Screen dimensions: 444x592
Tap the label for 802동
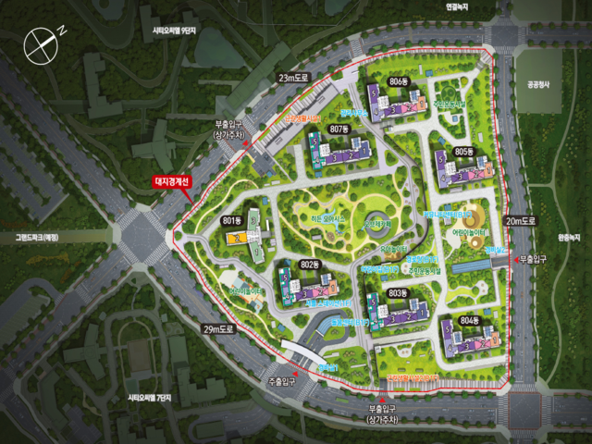(x=309, y=266)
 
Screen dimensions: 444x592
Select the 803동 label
(x=398, y=293)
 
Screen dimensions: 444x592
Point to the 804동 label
(x=469, y=320)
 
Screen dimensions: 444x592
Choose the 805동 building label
(x=463, y=152)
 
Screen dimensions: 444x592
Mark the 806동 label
(x=399, y=82)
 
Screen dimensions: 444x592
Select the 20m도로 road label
(x=520, y=221)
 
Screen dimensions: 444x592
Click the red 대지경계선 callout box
(x=171, y=182)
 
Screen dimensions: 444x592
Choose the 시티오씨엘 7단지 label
(x=150, y=398)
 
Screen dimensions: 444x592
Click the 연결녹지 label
(x=457, y=6)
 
